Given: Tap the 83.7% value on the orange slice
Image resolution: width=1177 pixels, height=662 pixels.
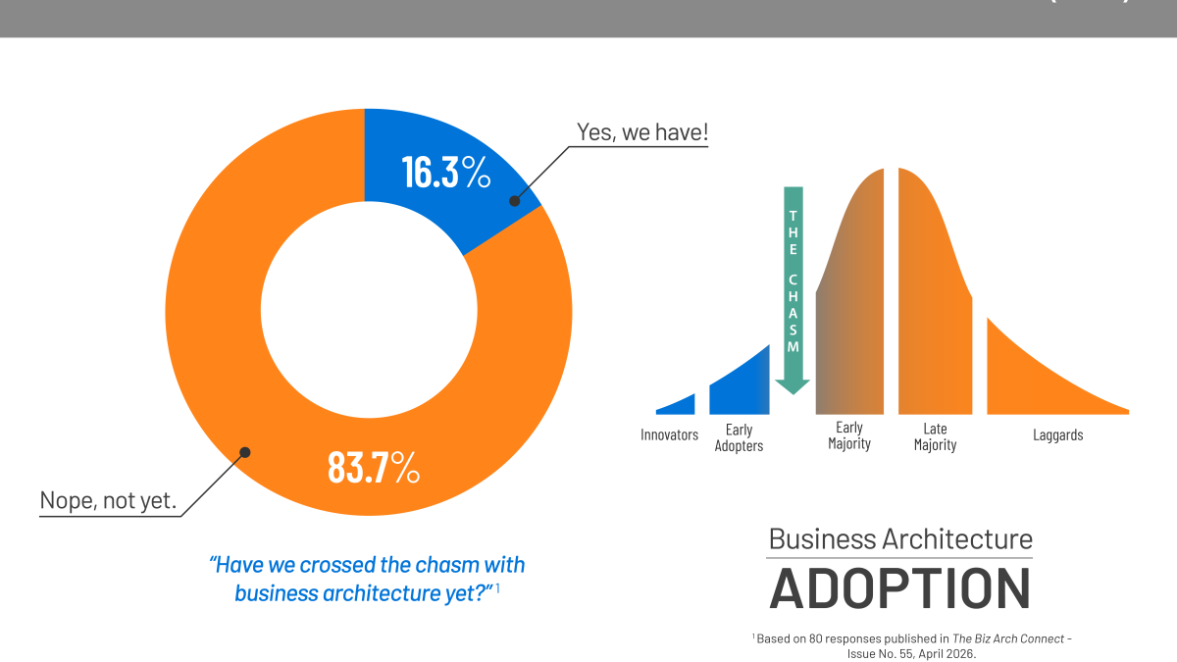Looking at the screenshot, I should [x=374, y=467].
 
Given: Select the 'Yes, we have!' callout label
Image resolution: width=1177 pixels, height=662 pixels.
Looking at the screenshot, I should [x=642, y=131].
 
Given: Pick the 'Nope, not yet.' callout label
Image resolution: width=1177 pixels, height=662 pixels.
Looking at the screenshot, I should [x=108, y=500].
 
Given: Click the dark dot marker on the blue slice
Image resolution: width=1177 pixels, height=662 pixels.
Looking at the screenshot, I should [x=513, y=201].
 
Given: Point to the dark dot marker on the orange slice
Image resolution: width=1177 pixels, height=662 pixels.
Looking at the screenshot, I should [x=245, y=452].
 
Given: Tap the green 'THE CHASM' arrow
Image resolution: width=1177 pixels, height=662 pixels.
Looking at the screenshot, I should [x=793, y=284].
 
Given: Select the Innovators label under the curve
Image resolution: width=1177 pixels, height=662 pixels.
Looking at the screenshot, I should [x=669, y=434].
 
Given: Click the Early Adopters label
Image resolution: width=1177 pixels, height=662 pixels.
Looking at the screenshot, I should [x=739, y=437].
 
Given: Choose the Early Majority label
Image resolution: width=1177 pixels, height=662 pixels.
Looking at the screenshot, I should [x=848, y=435].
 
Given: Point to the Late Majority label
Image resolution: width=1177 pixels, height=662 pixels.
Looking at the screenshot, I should [x=935, y=436].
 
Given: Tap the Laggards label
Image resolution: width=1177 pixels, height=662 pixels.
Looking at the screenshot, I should [x=1057, y=434].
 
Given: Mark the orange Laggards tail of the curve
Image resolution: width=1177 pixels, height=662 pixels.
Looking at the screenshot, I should [x=1040, y=382].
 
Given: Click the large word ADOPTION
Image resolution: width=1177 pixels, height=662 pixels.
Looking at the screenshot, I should [x=899, y=587].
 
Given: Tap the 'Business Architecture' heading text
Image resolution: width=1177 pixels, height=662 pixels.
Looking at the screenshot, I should [x=899, y=538].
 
